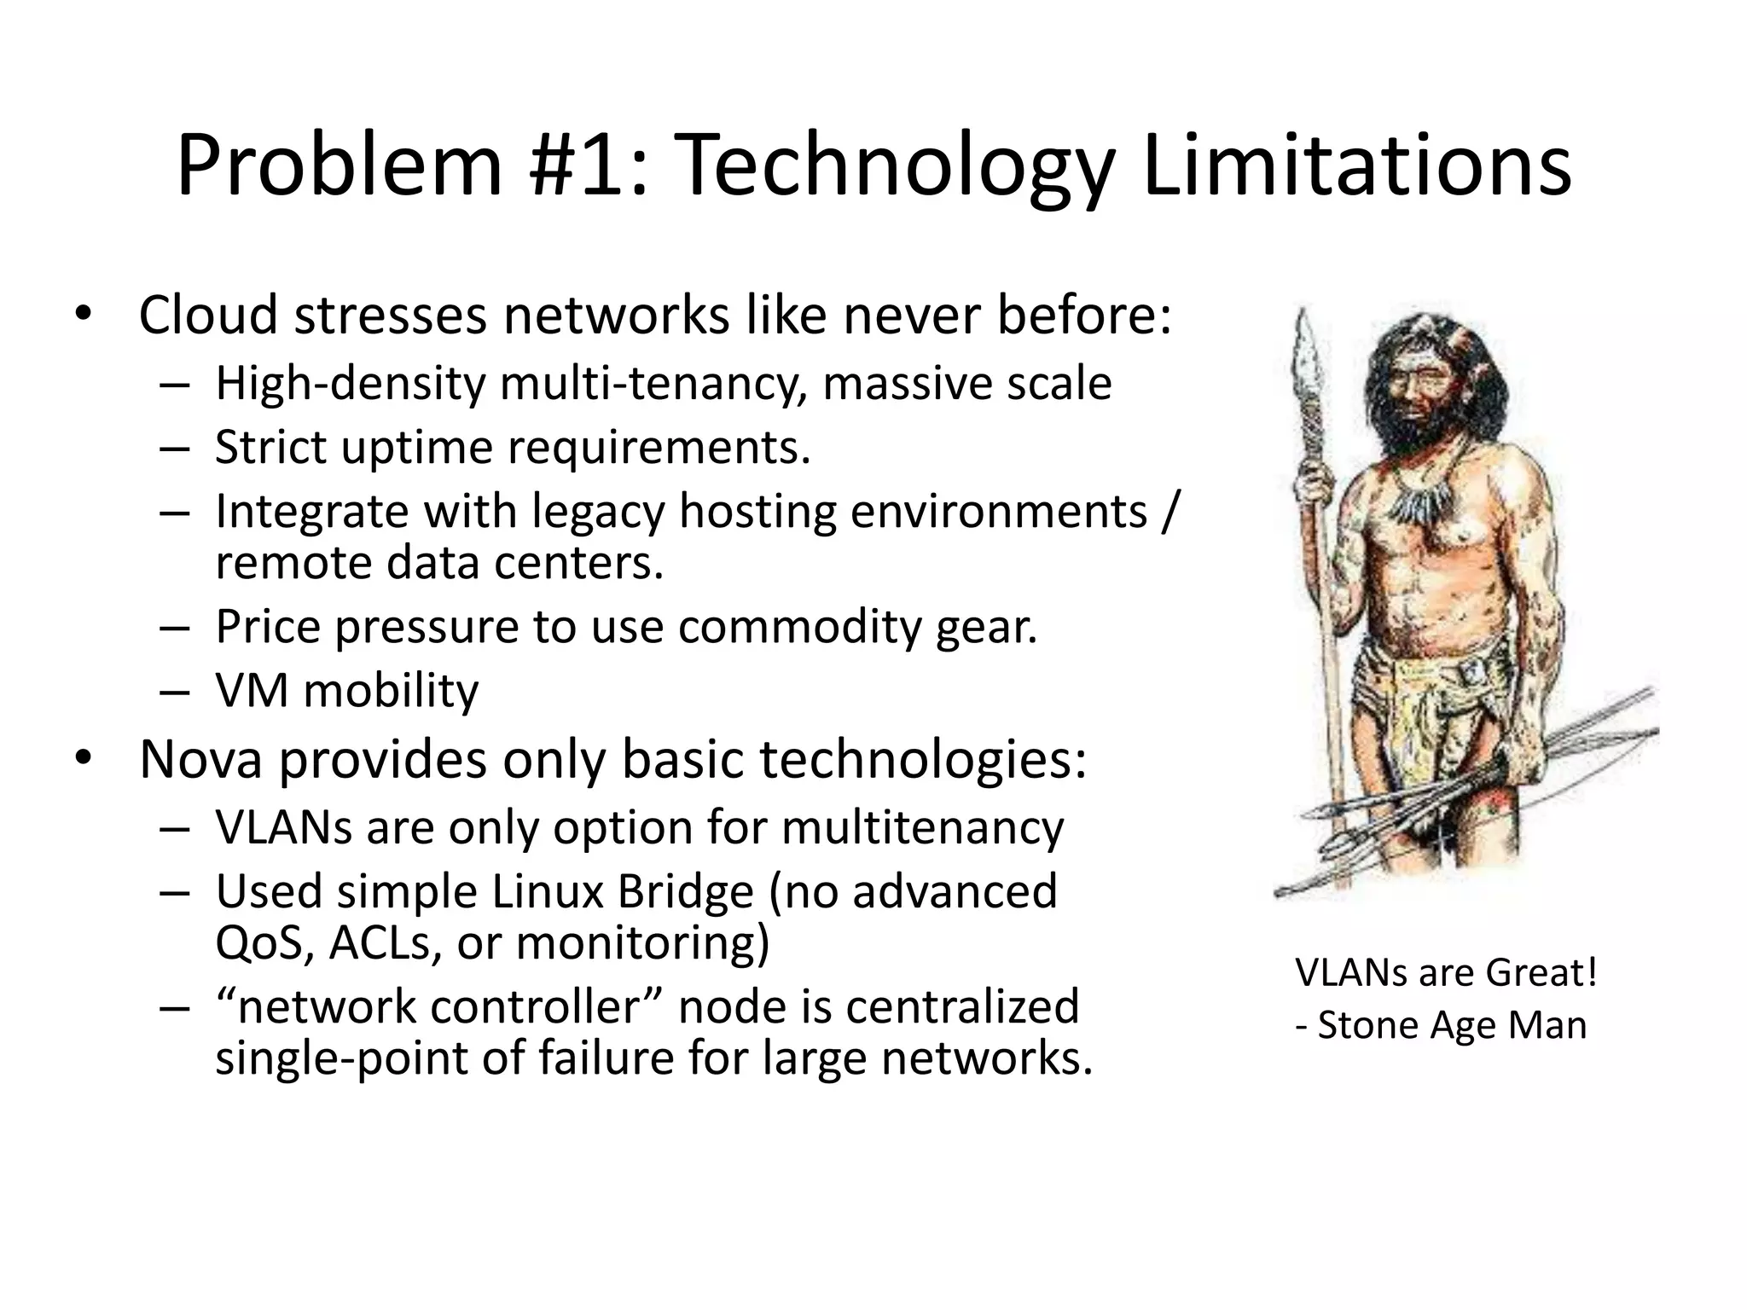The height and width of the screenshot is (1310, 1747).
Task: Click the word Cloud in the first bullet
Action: (x=208, y=315)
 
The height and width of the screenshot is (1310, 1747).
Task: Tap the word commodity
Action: (x=800, y=627)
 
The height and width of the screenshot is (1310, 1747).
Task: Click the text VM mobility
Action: (x=346, y=691)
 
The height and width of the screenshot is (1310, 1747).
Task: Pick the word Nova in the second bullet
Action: (x=200, y=759)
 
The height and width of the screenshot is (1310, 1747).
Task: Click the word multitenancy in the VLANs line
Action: (x=922, y=827)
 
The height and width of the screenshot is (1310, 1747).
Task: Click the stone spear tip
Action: (x=1305, y=358)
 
